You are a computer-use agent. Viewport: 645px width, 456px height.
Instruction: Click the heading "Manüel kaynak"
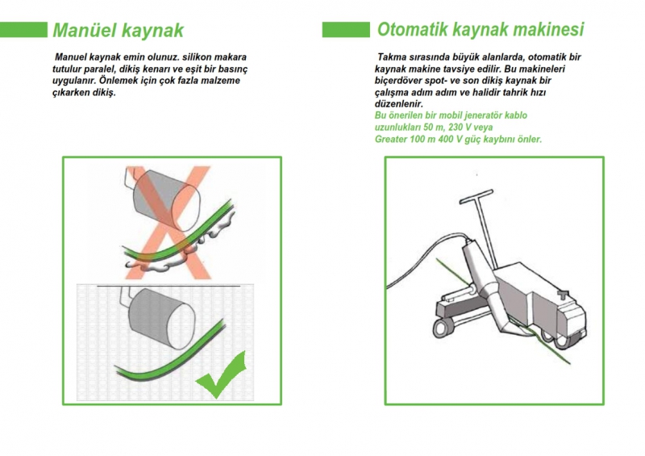[x=118, y=30]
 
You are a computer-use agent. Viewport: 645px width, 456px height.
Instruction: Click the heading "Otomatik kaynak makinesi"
[x=481, y=29]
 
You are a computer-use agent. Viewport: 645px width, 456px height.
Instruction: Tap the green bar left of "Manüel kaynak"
[x=23, y=30]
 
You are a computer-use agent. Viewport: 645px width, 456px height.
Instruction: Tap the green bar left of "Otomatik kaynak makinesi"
[x=346, y=30]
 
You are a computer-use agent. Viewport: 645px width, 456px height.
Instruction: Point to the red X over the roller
[x=169, y=223]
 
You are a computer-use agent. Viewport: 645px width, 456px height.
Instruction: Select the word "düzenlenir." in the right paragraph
[x=398, y=104]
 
